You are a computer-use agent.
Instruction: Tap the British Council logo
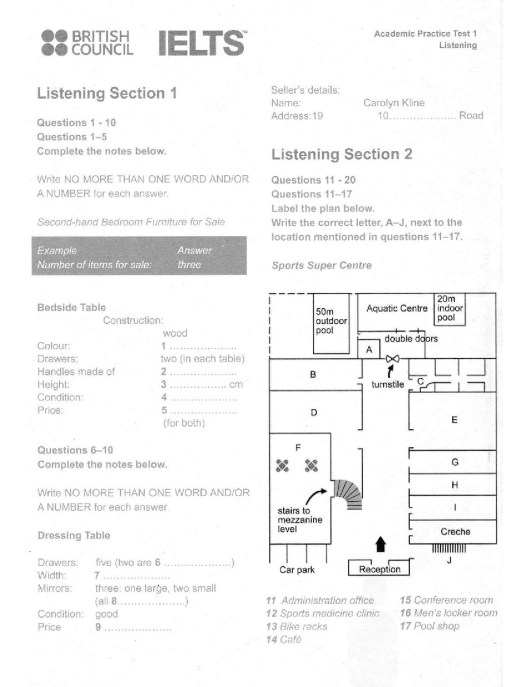click(87, 42)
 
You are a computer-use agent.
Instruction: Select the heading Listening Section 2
click(342, 154)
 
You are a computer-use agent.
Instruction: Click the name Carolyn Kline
click(394, 103)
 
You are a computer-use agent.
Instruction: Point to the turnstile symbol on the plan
click(392, 358)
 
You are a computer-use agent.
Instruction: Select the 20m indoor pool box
click(450, 309)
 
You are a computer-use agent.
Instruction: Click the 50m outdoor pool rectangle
click(331, 323)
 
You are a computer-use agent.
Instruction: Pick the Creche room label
click(455, 531)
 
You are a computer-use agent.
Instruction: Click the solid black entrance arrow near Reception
click(381, 544)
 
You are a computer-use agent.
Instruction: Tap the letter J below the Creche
click(449, 560)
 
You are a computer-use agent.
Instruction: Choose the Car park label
click(297, 570)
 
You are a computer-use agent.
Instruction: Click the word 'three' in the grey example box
click(189, 264)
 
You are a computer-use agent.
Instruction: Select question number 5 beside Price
click(164, 410)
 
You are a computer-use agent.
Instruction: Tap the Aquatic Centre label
click(397, 308)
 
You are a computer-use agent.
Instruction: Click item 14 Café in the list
click(284, 639)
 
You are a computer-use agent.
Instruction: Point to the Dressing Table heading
click(74, 535)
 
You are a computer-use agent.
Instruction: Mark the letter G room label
click(455, 462)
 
